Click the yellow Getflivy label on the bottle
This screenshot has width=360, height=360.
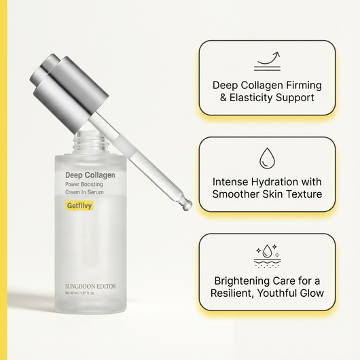[79, 205]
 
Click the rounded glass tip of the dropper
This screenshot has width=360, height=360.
[187, 204]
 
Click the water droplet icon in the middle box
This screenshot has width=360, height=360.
[266, 159]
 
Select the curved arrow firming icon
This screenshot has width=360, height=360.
[266, 60]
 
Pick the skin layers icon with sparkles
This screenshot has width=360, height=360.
[267, 255]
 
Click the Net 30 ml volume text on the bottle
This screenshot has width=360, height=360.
[73, 294]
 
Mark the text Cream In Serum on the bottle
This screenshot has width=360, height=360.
[84, 194]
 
